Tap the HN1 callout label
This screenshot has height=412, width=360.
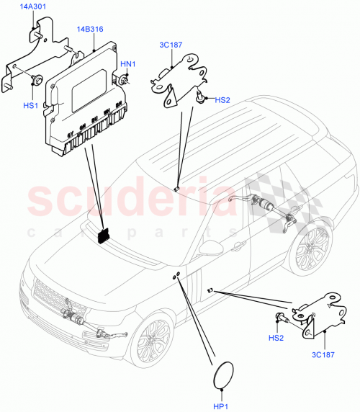127,65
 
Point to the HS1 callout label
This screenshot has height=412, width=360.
30,106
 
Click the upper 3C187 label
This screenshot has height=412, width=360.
171,45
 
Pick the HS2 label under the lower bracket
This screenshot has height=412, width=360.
276,337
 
